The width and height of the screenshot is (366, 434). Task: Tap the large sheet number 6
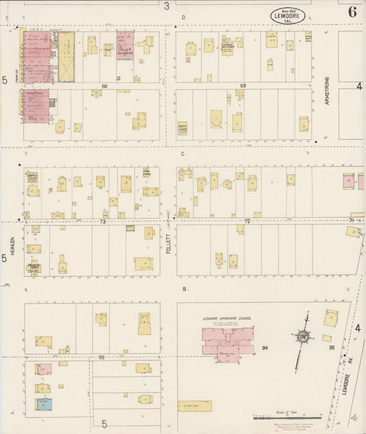(352, 11)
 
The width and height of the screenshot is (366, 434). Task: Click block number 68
(105, 86)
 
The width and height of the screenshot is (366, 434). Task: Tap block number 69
(243, 86)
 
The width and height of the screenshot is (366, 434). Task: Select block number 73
(102, 222)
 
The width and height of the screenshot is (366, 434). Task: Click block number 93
(101, 358)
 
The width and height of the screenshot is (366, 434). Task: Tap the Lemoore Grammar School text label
(227, 319)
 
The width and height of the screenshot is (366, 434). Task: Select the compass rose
(301, 337)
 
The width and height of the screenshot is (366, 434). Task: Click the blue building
(43, 404)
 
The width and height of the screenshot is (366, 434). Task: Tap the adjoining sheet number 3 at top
(166, 5)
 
